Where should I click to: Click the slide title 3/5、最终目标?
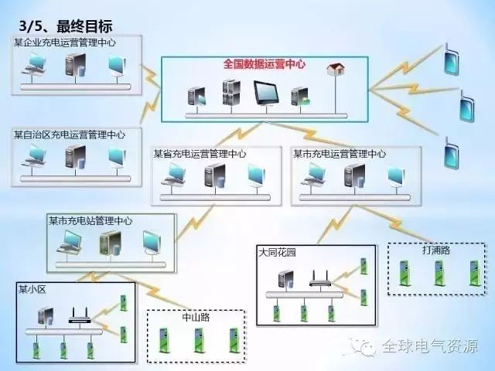click(x=66, y=26)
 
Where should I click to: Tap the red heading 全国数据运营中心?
click(x=265, y=64)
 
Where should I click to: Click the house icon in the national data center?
click(x=336, y=69)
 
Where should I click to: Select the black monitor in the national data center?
click(x=266, y=93)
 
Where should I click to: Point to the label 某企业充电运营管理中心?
click(x=65, y=43)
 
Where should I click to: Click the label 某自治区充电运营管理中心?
click(x=70, y=134)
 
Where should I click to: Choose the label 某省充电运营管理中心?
click(x=200, y=154)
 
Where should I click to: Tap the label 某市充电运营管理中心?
click(x=340, y=154)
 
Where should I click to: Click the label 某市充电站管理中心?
click(x=90, y=220)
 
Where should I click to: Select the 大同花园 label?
click(x=277, y=253)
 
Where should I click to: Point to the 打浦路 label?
click(x=436, y=250)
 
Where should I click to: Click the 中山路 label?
click(x=196, y=317)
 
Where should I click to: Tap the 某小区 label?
click(x=32, y=289)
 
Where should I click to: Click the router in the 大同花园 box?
click(x=320, y=278)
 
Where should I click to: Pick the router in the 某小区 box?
click(x=80, y=315)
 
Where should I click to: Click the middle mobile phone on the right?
click(x=467, y=107)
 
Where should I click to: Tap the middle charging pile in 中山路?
click(x=198, y=340)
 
